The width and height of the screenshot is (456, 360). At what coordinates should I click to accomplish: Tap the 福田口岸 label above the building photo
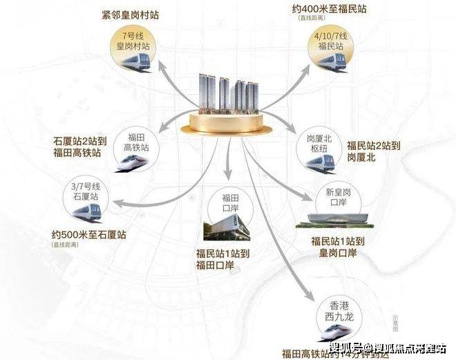[x=223, y=205]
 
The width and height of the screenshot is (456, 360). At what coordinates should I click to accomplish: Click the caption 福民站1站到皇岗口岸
[x=334, y=247]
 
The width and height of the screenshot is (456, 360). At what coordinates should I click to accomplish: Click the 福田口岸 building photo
[x=224, y=226]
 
